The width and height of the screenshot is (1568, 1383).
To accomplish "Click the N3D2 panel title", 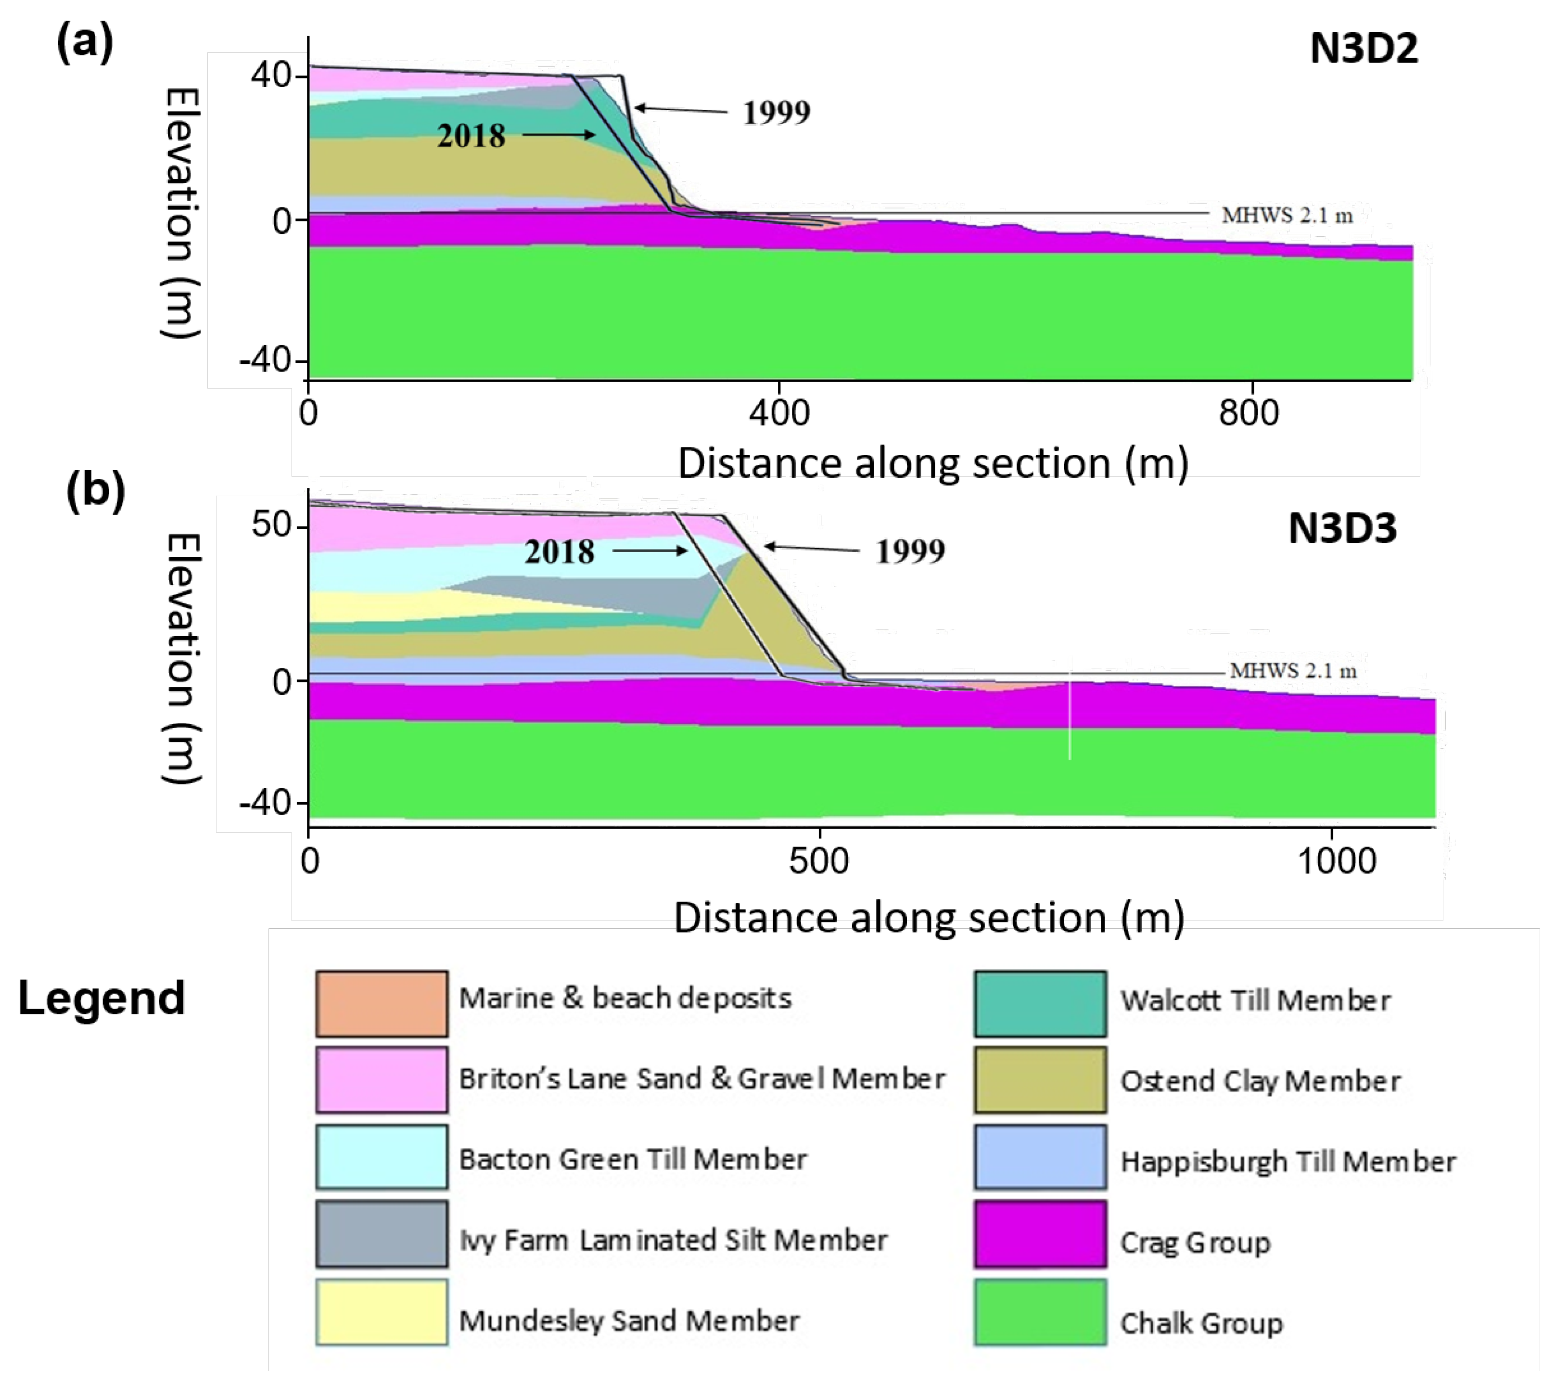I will (1363, 49).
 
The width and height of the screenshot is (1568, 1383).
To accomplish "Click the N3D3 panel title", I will (1342, 528).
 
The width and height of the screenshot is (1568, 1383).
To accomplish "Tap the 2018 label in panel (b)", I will (559, 551).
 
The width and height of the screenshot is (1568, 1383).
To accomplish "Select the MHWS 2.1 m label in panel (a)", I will (1287, 216).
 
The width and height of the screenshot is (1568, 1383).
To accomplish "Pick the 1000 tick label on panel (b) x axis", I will (1336, 861).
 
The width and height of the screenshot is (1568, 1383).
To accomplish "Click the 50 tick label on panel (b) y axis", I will (271, 525).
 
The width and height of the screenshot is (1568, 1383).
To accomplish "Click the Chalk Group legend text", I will (1201, 1323).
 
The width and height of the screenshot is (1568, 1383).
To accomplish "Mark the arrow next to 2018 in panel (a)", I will (559, 136).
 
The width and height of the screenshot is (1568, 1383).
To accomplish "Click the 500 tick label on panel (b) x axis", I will (818, 861).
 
